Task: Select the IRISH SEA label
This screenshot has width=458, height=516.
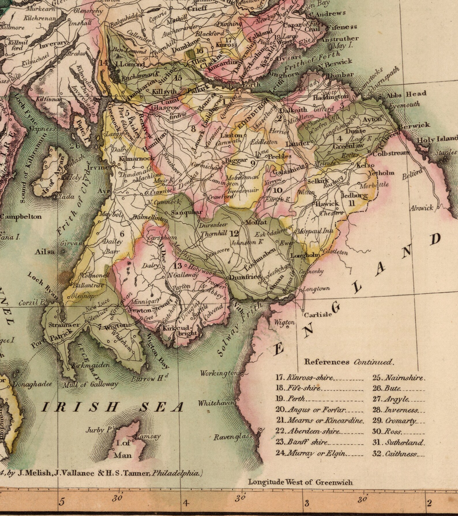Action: click(112, 407)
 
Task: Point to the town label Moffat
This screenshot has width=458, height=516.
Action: click(256, 223)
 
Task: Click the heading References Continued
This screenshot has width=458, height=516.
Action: click(349, 362)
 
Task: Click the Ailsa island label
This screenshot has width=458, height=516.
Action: click(44, 252)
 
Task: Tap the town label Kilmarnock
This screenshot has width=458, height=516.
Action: click(137, 159)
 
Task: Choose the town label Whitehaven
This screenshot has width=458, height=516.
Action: click(216, 403)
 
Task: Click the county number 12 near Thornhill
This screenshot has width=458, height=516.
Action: click(234, 233)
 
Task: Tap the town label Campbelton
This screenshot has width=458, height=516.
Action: click(21, 217)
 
